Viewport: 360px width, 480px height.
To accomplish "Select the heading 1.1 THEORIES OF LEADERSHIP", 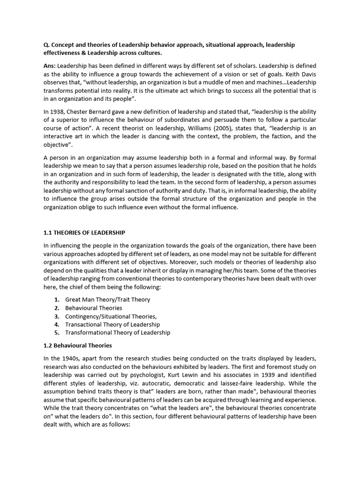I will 84,233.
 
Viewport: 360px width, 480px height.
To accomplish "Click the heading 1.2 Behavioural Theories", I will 77,345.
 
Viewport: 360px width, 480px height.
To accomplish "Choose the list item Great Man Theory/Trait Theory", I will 107,299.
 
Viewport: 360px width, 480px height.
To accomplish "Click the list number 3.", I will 56,316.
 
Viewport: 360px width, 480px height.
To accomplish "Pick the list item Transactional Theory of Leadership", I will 112,324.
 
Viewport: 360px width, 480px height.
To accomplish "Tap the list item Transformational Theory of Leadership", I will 118,333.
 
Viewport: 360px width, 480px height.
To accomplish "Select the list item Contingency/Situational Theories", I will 111,316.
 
